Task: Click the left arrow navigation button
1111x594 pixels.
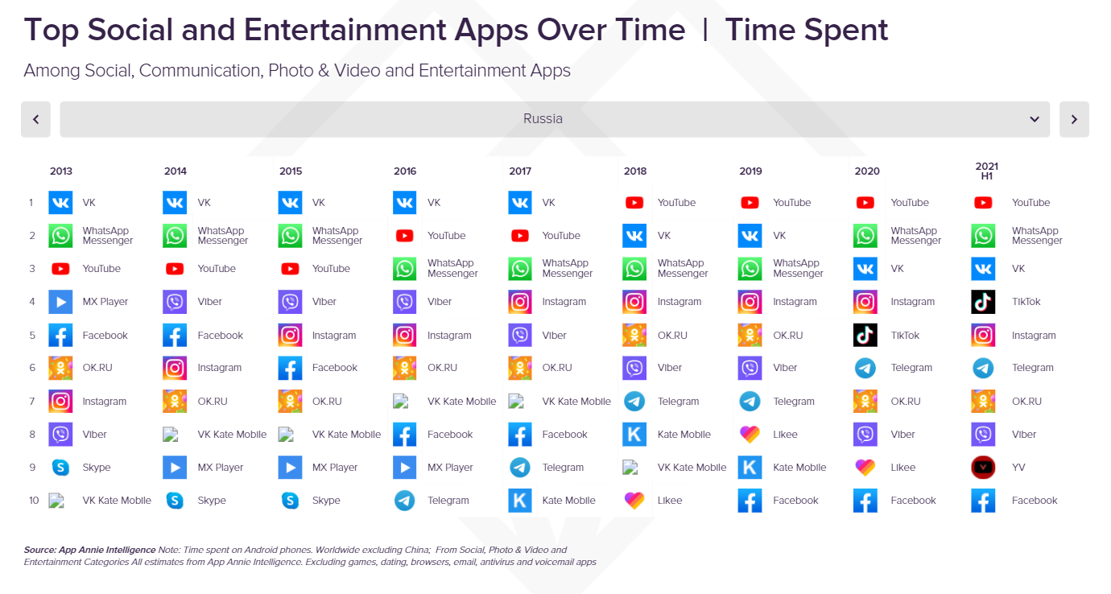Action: tap(35, 119)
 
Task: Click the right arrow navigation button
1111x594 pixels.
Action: tap(1074, 119)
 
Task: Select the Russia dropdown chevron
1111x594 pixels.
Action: tap(1035, 119)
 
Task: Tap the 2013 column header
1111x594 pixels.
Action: tap(61, 171)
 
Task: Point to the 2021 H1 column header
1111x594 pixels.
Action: tap(986, 171)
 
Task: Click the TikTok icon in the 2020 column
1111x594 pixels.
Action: tap(865, 335)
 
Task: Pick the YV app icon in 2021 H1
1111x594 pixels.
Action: tap(983, 468)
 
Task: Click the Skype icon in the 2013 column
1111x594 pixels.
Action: tap(60, 468)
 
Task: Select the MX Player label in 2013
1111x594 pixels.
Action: tap(105, 302)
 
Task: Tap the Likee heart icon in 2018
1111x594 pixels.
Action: tap(634, 501)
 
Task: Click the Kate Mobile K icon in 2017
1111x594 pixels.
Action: tap(520, 501)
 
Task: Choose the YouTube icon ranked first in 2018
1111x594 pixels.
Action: tap(634, 203)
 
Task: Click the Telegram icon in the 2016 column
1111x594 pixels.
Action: tap(405, 501)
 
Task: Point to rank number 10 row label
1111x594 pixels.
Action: tap(34, 501)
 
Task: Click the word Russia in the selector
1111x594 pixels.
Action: tap(543, 119)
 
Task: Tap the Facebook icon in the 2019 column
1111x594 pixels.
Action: tap(750, 501)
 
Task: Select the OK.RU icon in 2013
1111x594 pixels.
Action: tap(60, 368)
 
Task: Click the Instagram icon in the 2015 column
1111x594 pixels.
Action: tap(290, 335)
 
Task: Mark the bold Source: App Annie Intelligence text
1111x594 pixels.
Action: tap(89, 551)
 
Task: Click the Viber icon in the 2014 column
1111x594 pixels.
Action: tap(175, 302)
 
